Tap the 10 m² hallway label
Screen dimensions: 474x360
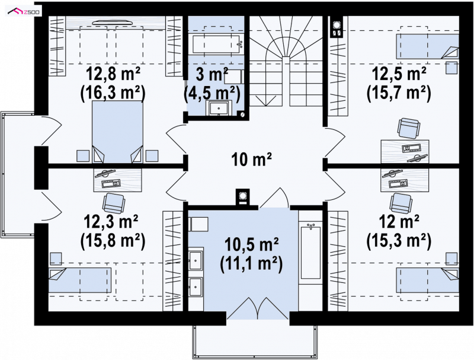coord(251,160)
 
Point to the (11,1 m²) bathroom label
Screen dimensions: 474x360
coord(251,262)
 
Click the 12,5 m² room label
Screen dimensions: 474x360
coord(399,74)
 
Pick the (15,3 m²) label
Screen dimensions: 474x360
coord(399,240)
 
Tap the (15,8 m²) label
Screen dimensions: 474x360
coord(113,240)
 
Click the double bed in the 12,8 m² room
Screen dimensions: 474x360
coord(117,132)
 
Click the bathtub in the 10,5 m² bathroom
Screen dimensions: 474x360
coord(310,252)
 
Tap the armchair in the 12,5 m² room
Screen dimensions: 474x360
coord(408,128)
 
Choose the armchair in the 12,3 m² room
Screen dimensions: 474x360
coord(113,203)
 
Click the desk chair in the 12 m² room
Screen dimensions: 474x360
coord(401,203)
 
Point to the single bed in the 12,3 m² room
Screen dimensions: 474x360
coord(80,280)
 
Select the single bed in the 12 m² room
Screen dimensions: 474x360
coord(427,280)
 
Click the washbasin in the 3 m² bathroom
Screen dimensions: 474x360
coord(219,108)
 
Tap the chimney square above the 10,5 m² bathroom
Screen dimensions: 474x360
coord(243,197)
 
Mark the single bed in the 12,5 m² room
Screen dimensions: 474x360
coord(427,46)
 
